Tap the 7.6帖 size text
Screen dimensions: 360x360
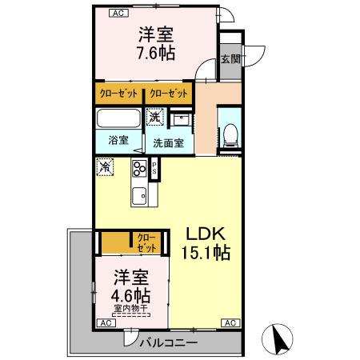(156, 54)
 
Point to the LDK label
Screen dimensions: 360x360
(208, 234)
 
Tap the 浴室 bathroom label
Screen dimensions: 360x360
(118, 140)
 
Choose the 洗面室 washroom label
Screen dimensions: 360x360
(169, 144)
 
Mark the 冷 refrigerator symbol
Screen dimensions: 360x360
(106, 168)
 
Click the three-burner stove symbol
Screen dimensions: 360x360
(142, 170)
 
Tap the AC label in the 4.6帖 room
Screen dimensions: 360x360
(104, 322)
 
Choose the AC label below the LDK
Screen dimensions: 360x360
(230, 322)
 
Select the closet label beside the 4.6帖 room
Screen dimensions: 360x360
(146, 242)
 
